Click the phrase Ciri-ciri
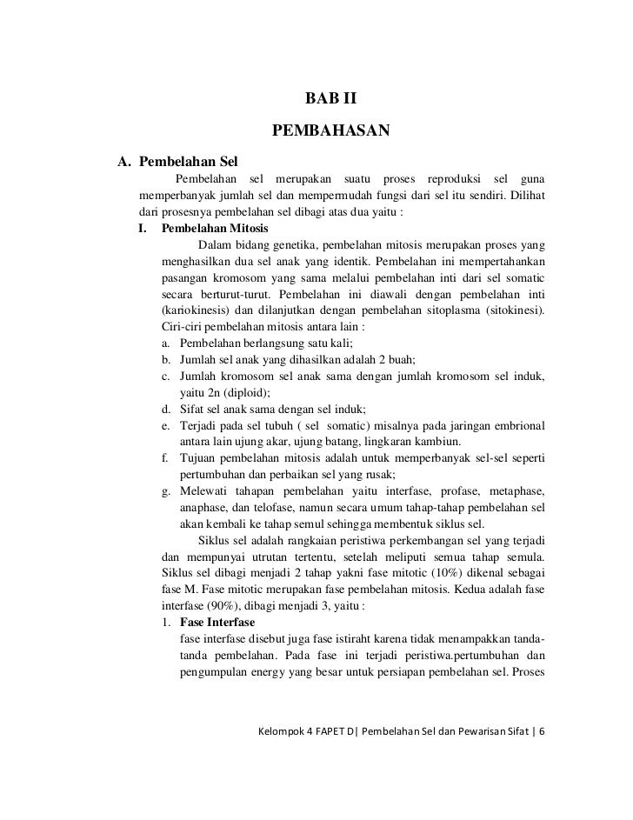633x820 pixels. pos(185,328)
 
